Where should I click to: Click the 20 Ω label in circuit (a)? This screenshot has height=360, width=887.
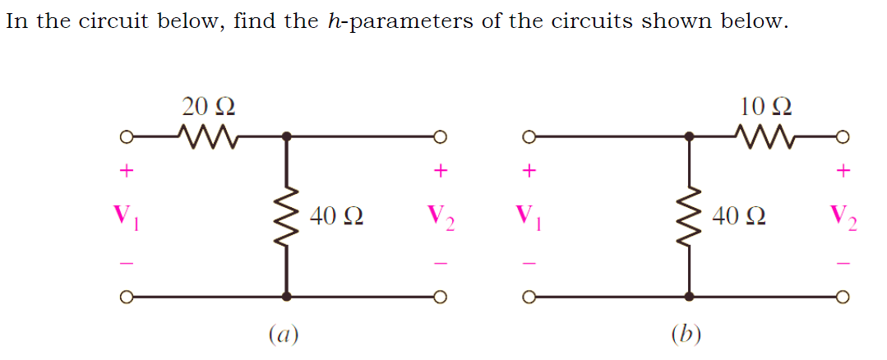209,107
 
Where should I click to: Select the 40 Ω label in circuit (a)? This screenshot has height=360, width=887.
338,217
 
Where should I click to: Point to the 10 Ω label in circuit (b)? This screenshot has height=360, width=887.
765,107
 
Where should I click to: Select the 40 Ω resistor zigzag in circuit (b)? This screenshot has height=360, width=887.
689,217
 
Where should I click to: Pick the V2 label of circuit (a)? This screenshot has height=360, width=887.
441,219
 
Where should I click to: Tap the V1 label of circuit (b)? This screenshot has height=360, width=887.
529,218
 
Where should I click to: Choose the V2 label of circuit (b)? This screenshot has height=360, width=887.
843,219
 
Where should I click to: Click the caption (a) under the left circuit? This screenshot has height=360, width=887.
284,334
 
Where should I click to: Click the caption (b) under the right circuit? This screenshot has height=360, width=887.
686,334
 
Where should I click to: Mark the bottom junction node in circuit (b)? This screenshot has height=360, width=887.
689,296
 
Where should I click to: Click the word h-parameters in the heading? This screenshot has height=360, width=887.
399,21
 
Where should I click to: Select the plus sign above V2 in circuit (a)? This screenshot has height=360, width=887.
441,171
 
